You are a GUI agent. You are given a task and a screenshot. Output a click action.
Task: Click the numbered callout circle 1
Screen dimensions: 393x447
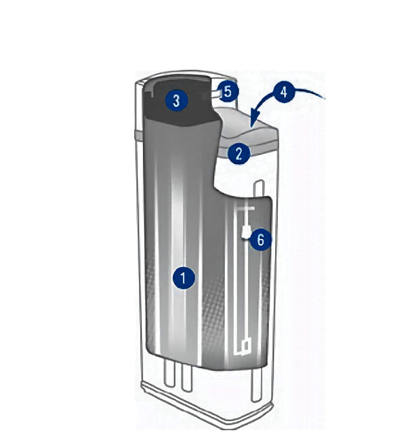click(184, 278)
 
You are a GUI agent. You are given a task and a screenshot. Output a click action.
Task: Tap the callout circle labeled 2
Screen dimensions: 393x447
click(239, 153)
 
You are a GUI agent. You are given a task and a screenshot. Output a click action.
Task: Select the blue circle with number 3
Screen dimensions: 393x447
click(177, 100)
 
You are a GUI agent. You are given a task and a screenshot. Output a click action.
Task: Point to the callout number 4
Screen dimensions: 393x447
click(284, 92)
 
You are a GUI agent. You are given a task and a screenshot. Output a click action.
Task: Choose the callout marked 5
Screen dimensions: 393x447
click(228, 92)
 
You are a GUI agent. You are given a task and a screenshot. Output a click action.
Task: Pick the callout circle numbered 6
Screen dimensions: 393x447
click(261, 240)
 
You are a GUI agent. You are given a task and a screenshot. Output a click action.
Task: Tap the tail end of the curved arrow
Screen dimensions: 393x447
click(325, 98)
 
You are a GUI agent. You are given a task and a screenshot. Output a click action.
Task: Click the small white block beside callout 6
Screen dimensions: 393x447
click(245, 232)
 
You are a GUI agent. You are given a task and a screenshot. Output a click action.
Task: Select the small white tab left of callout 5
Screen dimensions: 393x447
click(216, 93)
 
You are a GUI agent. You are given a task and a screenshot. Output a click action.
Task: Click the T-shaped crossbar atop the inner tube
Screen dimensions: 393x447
click(245, 209)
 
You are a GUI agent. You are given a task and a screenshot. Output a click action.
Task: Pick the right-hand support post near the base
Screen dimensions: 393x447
click(256, 385)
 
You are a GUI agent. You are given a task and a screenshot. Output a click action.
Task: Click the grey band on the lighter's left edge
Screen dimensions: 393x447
click(139, 134)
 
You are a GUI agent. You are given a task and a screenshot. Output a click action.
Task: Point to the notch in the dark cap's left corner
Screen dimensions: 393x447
click(149, 93)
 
